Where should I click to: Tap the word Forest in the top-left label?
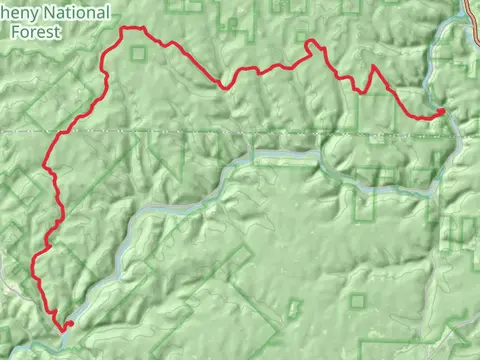tap(33, 31)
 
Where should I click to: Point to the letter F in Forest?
tap(14, 31)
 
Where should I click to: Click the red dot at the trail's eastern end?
tap(442, 111)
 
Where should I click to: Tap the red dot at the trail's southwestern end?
tap(70, 323)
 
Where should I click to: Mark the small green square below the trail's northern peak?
tap(138, 51)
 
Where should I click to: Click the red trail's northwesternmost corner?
tap(124, 30)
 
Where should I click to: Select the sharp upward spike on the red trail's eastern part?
tap(374, 67)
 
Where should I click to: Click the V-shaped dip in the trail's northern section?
tap(224, 86)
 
